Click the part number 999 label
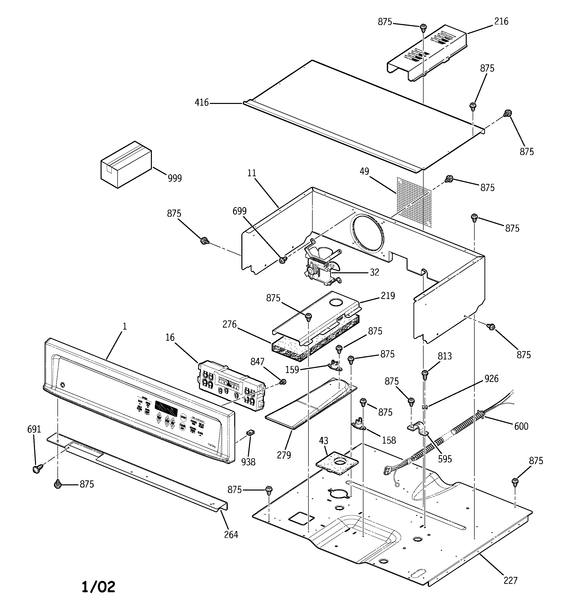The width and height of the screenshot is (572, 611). [175, 178]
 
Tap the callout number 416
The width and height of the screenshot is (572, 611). [201, 103]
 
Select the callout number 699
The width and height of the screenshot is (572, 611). [239, 211]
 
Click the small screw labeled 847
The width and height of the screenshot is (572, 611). [283, 382]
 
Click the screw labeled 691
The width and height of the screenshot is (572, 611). [37, 469]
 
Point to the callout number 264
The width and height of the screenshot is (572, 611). [231, 535]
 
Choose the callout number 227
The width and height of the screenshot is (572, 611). [511, 580]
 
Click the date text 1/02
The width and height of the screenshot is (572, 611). [98, 587]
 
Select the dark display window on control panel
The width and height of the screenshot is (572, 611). [166, 408]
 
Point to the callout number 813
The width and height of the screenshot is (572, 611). [445, 356]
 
